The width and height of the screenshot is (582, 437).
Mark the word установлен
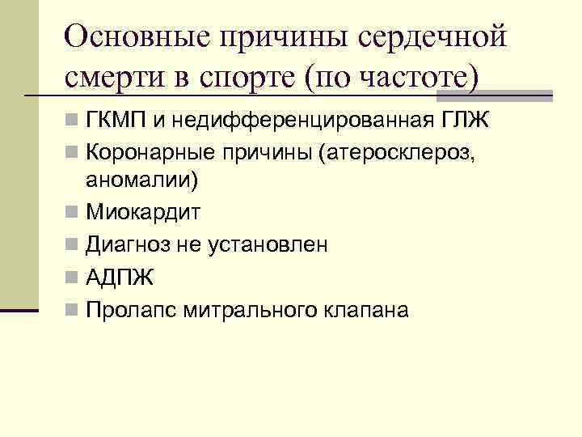271,245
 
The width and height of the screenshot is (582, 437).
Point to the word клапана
363,310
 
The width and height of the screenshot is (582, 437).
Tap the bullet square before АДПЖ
73,278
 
